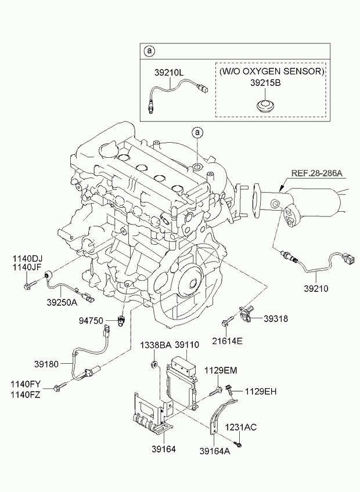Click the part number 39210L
click(x=169, y=73)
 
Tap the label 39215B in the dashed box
click(x=265, y=83)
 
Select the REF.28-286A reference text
click(x=317, y=173)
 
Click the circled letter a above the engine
click(x=197, y=132)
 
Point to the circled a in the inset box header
click(x=149, y=50)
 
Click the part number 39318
click(x=275, y=319)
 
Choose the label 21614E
click(x=227, y=341)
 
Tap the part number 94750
click(x=91, y=321)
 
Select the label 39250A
click(x=62, y=302)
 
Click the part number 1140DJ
click(x=27, y=259)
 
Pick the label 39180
click(x=46, y=364)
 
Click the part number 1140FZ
click(x=26, y=395)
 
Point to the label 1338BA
click(x=156, y=345)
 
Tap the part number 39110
click(x=186, y=345)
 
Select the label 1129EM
click(x=221, y=371)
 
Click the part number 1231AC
click(x=240, y=428)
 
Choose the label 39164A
click(x=215, y=451)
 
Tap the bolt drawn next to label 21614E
click(x=228, y=321)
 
